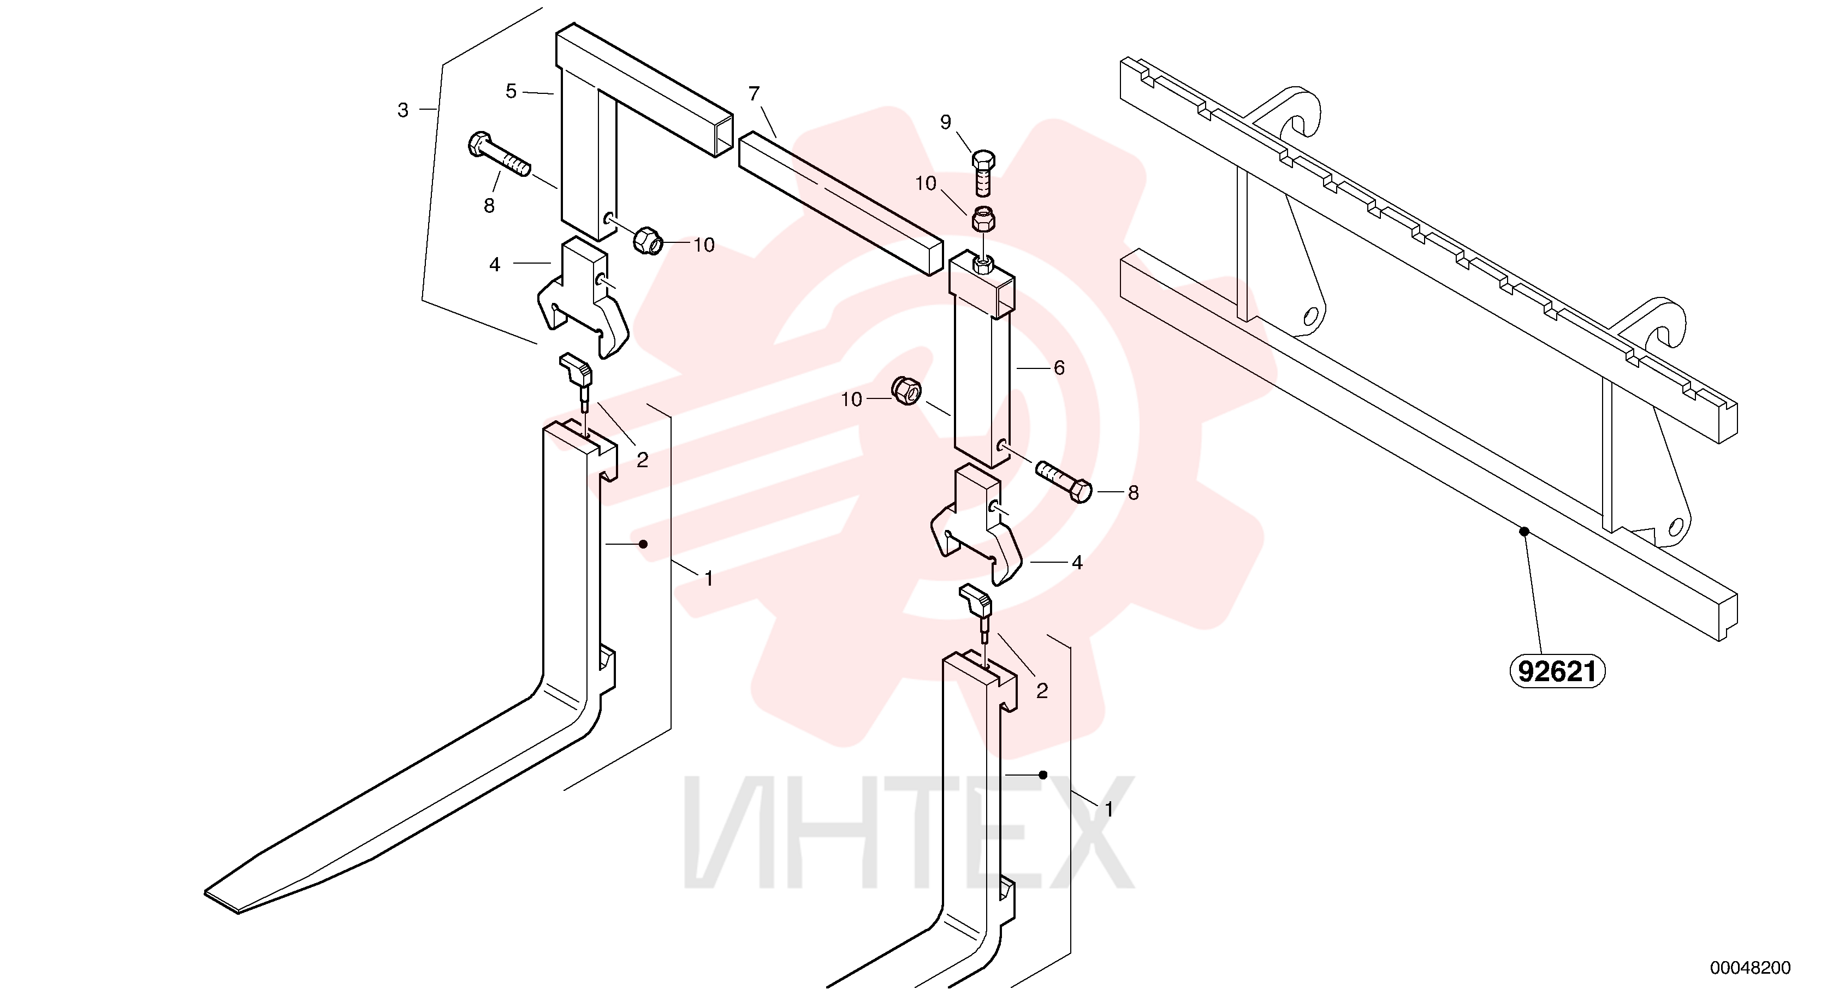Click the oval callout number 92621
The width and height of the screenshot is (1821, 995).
pos(1557,671)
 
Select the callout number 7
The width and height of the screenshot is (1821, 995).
pos(754,93)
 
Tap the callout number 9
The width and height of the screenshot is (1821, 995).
pos(946,122)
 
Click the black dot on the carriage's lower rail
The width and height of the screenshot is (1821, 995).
pos(1525,532)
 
